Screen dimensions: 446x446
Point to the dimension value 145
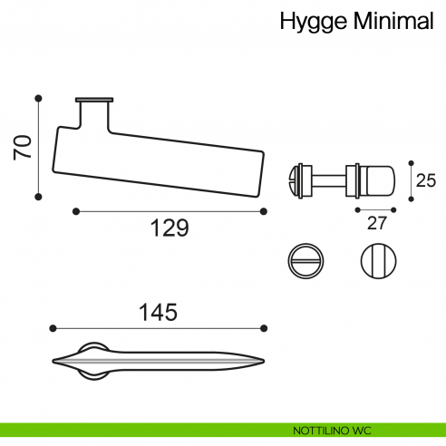point(158,312)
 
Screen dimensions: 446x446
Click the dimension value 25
point(425,180)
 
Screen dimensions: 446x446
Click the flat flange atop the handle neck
point(94,100)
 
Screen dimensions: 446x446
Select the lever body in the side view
point(163,160)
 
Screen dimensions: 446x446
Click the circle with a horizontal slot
point(305,262)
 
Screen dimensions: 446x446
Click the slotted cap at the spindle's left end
point(295,179)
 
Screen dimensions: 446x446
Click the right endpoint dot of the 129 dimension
point(263,211)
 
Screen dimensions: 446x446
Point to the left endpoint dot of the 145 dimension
point(53,327)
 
